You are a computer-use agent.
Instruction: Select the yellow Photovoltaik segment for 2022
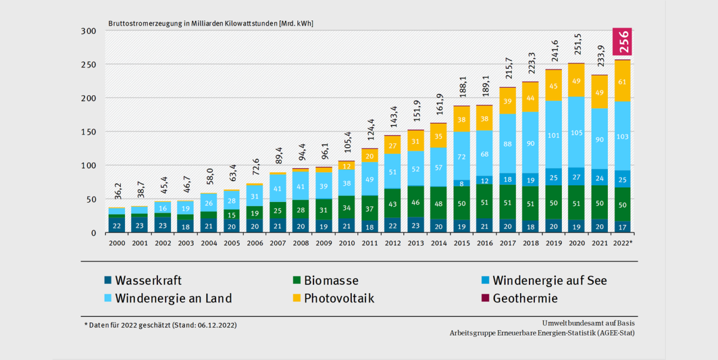(x=622, y=81)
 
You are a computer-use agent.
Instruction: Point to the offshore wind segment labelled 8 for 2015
(x=461, y=184)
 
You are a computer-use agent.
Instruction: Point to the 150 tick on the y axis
(x=89, y=132)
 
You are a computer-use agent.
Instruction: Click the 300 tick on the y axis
(x=89, y=31)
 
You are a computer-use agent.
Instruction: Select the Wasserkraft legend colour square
(x=108, y=280)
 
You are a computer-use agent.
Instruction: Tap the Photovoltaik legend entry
(x=339, y=298)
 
